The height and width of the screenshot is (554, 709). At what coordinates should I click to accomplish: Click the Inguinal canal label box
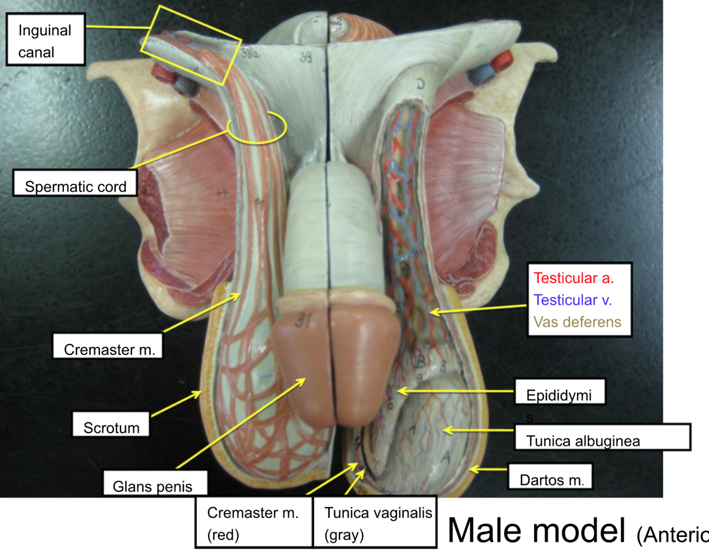pos(45,40)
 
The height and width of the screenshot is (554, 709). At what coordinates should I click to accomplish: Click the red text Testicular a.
pos(573,278)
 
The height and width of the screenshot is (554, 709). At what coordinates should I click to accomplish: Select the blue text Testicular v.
pos(572,300)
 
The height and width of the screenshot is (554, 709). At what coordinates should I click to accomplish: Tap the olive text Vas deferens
pos(577,322)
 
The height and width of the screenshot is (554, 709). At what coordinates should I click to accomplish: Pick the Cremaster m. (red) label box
pos(254,523)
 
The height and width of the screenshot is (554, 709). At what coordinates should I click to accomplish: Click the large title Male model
pos(536,530)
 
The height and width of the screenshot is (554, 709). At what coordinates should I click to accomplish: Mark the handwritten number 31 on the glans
pos(302,321)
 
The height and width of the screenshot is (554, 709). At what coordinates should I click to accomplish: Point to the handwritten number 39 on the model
pos(306,57)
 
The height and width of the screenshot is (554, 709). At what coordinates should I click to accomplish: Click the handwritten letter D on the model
pos(420,84)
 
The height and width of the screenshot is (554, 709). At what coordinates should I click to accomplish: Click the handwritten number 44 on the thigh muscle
pos(222,192)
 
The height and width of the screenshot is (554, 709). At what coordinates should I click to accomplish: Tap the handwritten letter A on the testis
pos(445,457)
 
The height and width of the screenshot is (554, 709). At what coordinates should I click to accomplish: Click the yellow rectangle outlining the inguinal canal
pos(191,45)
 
